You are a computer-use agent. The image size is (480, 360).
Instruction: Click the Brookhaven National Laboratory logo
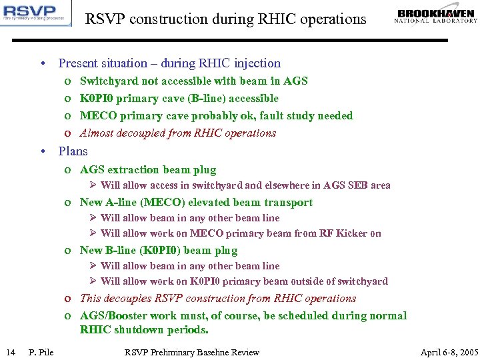pos(437,16)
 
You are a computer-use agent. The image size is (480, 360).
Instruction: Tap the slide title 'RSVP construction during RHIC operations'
pos(225,19)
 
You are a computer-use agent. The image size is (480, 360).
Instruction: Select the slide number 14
pos(11,352)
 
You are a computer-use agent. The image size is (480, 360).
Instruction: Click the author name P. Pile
pos(41,352)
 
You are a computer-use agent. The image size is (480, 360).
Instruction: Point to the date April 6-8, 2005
pos(449,352)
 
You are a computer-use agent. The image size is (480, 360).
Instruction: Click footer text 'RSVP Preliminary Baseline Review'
pos(192,352)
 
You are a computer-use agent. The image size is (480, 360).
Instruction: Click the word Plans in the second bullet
pos(73,151)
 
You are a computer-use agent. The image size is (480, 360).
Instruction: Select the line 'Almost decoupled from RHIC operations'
pos(177,133)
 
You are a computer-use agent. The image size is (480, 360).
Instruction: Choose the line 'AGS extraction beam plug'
pos(148,169)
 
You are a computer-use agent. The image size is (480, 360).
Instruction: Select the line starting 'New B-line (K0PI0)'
pos(158,250)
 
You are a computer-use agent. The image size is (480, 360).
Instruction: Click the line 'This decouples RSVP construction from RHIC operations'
pos(217,298)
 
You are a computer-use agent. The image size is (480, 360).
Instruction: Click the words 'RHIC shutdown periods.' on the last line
pos(144,330)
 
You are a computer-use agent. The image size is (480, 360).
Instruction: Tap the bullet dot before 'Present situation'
pos(42,64)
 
